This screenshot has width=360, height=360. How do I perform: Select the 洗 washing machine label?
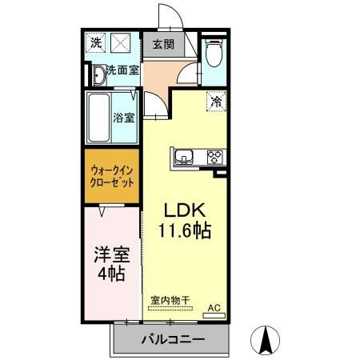(x=96, y=43)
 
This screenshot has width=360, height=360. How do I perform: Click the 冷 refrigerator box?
(x=215, y=102)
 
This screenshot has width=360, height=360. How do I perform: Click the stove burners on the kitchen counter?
(x=214, y=157)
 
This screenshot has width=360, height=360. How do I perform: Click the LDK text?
(x=186, y=211)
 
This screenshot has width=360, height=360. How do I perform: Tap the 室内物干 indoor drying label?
(x=170, y=300)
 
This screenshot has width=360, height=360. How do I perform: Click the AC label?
(x=214, y=306)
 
